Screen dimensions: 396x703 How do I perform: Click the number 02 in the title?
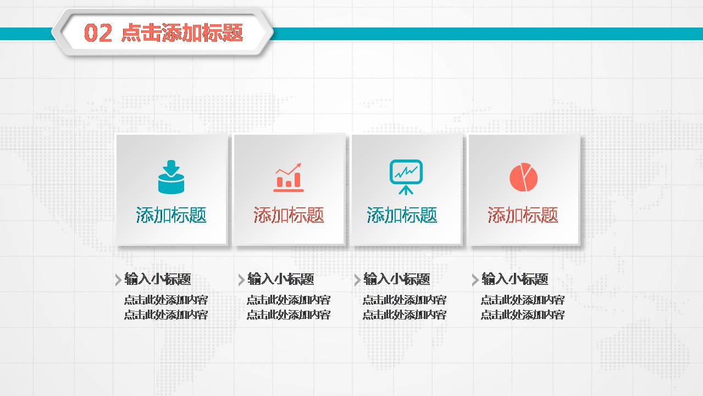98,33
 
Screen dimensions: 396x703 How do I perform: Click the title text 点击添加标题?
182,33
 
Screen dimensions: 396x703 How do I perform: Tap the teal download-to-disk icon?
171,177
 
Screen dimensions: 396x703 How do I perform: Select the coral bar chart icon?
289,177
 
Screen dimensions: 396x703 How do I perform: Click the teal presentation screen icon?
406,177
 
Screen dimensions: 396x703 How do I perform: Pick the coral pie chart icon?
523,177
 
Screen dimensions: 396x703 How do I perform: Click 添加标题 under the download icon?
171,215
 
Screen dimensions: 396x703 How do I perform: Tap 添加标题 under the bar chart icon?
289,215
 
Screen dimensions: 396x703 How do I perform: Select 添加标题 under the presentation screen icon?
402,215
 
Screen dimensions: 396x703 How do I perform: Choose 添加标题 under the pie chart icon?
523,215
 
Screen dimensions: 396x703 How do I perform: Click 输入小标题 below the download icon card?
158,279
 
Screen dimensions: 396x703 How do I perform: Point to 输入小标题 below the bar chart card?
280,279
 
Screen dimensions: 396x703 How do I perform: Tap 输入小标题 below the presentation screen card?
396,279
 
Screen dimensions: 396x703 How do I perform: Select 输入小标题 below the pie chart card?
514,279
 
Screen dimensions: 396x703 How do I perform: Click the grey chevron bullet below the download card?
118,280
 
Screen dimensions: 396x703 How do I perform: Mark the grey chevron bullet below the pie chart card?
475,280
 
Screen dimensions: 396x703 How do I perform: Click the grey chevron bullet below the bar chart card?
241,280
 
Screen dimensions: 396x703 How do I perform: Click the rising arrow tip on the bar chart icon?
299,164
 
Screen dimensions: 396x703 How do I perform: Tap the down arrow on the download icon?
171,166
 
